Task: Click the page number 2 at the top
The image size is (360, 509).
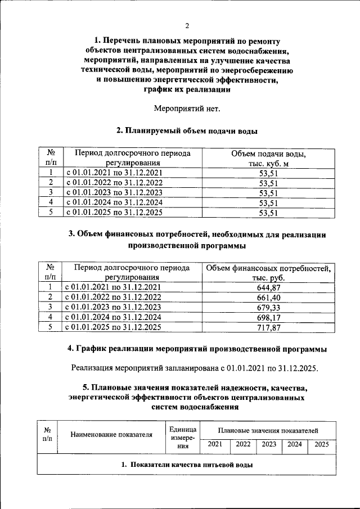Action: coord(187,25)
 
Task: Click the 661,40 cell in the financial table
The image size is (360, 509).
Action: coord(268,298)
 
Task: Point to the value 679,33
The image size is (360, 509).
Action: coord(268,307)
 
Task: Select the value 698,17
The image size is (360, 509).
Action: coord(268,317)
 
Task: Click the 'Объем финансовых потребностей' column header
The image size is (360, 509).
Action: coord(268,273)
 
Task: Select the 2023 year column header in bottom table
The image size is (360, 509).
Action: coord(269,444)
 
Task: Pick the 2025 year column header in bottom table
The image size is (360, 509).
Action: coord(322,444)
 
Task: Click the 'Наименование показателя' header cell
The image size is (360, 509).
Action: coord(111,434)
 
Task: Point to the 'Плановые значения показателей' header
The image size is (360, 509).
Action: coord(268,430)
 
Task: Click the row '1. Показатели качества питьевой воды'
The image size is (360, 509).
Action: coord(187,465)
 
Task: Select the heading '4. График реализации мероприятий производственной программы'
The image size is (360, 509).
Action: coord(196,349)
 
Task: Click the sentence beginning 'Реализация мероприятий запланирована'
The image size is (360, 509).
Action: coord(195,368)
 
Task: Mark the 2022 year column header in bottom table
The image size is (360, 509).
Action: coord(243,444)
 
